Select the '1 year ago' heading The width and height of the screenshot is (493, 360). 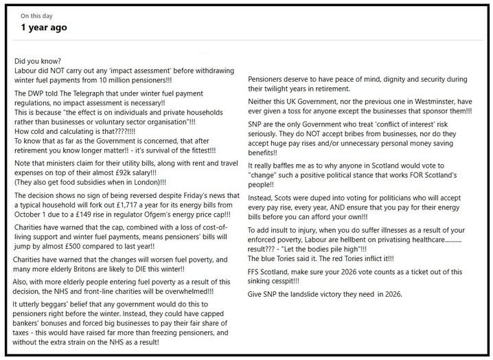pos(43,28)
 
